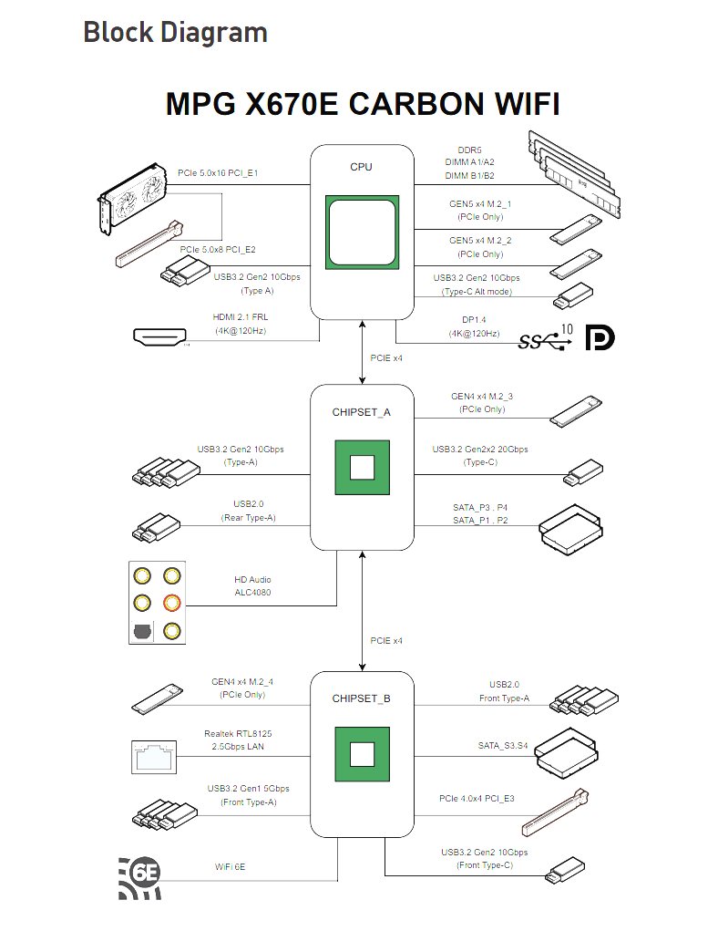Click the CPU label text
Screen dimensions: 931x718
(x=361, y=167)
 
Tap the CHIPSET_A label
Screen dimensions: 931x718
(x=361, y=412)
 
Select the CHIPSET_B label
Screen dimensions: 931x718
(x=361, y=698)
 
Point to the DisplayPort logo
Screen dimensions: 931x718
(x=600, y=337)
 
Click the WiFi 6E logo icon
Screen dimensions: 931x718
(x=140, y=877)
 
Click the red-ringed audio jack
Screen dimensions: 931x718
(x=170, y=603)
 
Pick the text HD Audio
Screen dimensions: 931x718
(x=252, y=580)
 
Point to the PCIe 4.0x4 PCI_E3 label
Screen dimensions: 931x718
(x=477, y=799)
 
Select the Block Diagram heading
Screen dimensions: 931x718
(x=175, y=33)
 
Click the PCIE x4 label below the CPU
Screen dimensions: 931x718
(x=386, y=358)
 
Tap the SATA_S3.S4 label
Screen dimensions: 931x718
(x=503, y=746)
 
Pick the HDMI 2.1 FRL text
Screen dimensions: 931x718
(x=241, y=318)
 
